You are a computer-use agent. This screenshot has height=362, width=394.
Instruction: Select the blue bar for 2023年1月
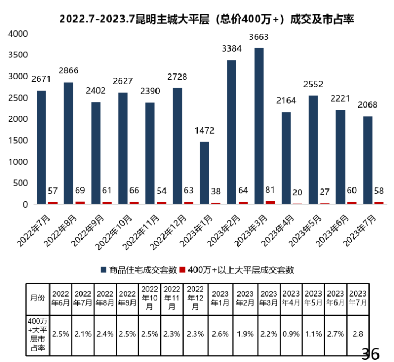click(204, 173)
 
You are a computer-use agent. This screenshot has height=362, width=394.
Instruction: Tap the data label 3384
click(232, 50)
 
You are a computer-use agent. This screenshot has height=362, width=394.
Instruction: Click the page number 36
click(370, 353)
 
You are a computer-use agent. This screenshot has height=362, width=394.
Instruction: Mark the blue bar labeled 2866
click(69, 143)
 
